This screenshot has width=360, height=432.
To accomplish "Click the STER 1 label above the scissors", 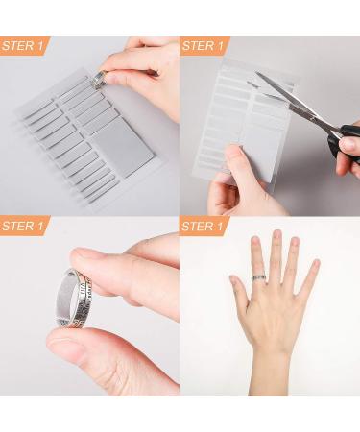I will [x=204, y=45].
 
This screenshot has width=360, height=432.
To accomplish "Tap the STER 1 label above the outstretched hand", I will [x=204, y=227].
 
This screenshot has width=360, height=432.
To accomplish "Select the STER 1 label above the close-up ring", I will [x=24, y=227].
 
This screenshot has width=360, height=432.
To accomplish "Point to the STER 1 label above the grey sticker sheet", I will [x=24, y=45].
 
